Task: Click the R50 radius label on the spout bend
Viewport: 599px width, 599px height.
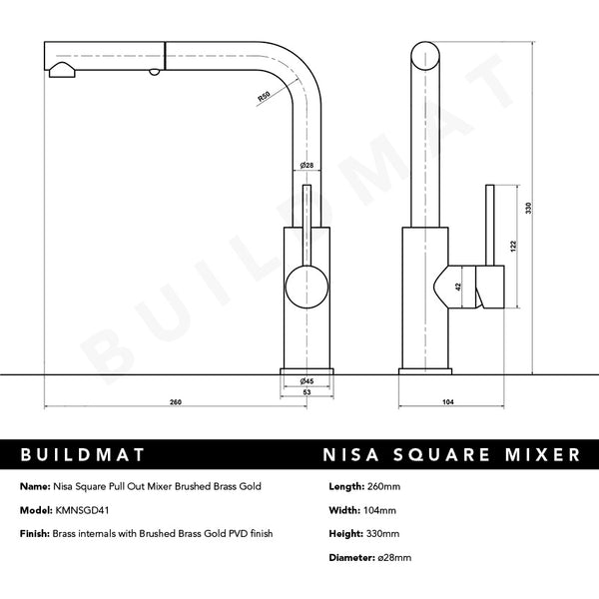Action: tap(264, 97)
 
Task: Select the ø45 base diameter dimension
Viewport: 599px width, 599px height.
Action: tap(306, 381)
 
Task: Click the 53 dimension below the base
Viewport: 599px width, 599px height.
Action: tap(306, 392)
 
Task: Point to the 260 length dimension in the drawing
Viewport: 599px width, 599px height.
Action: tap(176, 402)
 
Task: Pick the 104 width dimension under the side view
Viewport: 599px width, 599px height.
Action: tap(447, 402)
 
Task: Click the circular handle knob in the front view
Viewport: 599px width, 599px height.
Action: tap(306, 292)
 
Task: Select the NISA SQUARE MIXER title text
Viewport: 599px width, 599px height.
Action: tap(451, 455)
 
